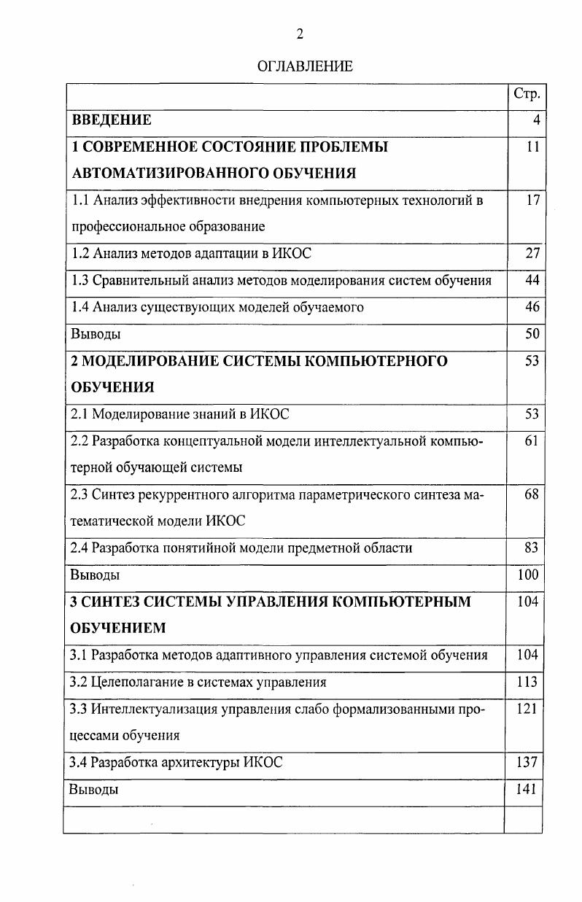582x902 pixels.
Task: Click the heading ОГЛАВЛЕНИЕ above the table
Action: (x=305, y=66)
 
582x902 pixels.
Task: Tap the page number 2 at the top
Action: (x=299, y=34)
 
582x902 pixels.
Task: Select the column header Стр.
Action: (x=527, y=94)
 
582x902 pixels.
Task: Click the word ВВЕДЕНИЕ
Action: (x=112, y=120)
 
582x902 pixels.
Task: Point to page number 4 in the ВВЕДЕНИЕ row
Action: (x=536, y=120)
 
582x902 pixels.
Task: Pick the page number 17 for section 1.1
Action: (x=532, y=200)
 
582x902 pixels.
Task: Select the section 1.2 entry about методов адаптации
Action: (x=191, y=254)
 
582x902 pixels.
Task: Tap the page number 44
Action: (x=532, y=280)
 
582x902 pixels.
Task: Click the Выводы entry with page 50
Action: (x=96, y=334)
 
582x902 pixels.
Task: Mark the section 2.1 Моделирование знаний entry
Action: (x=179, y=414)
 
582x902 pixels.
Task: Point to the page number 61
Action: (x=532, y=441)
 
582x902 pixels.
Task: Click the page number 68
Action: (x=532, y=494)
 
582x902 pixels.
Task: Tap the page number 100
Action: (x=528, y=575)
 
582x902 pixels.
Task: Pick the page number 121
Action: (x=528, y=709)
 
